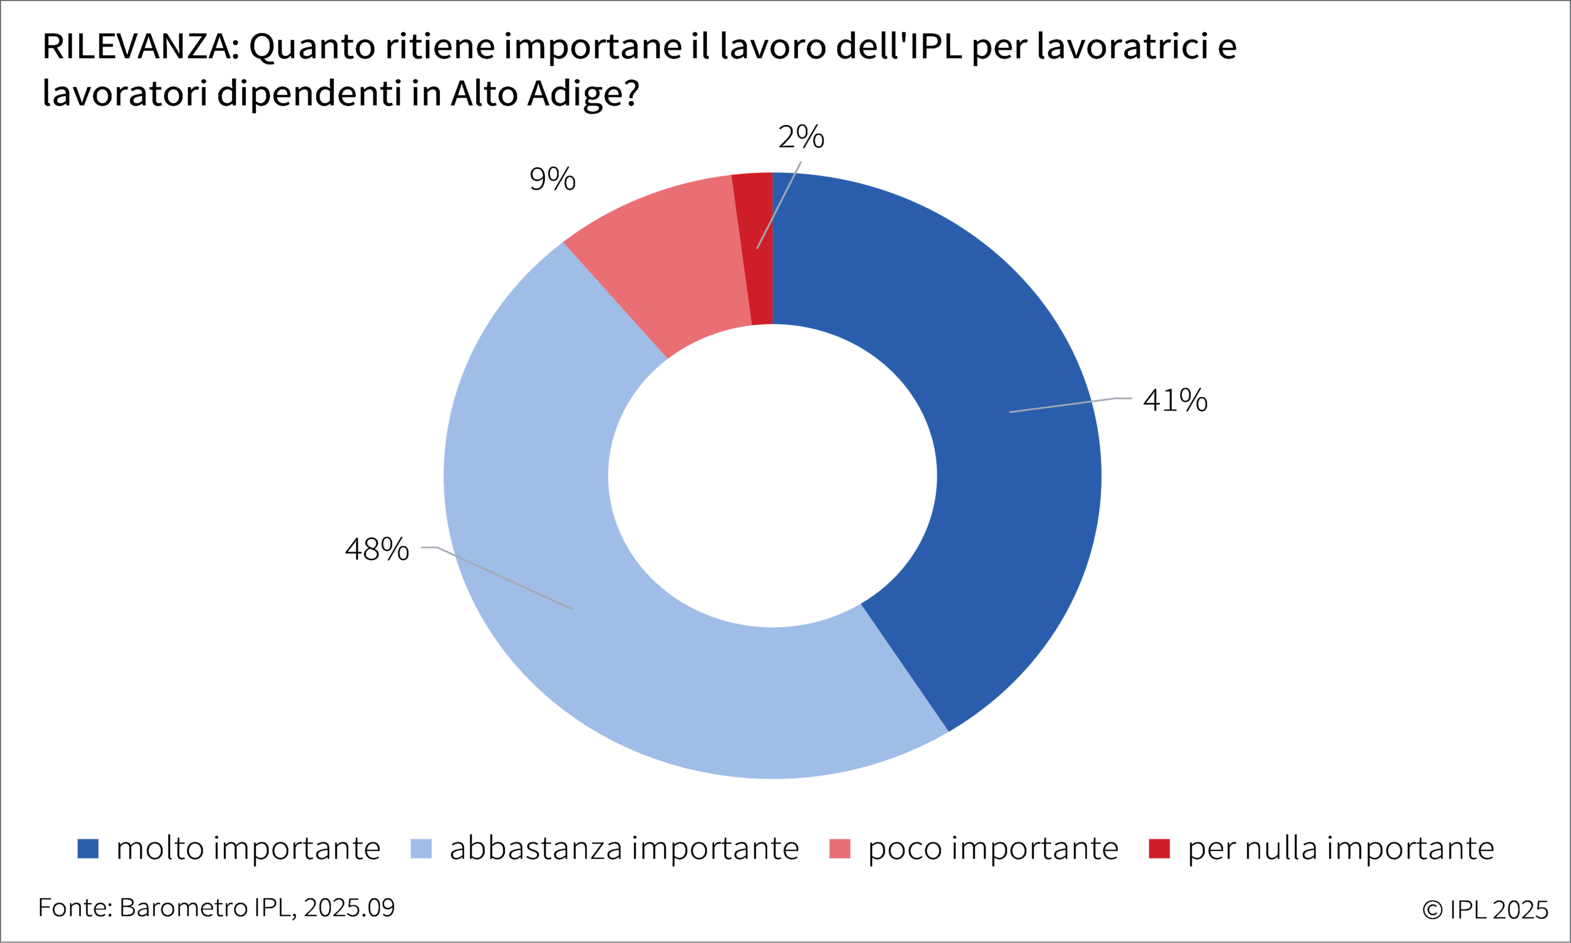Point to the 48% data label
click(377, 550)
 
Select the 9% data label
click(552, 179)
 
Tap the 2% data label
click(801, 137)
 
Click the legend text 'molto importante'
click(249, 849)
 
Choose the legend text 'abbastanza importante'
click(624, 849)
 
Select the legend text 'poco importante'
click(993, 849)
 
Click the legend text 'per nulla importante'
click(1341, 849)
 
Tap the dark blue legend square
click(88, 849)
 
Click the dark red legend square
click(1159, 849)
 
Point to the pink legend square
click(840, 849)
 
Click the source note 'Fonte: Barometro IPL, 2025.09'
click(216, 908)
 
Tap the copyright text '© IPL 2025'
click(1485, 910)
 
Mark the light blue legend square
click(421, 849)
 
